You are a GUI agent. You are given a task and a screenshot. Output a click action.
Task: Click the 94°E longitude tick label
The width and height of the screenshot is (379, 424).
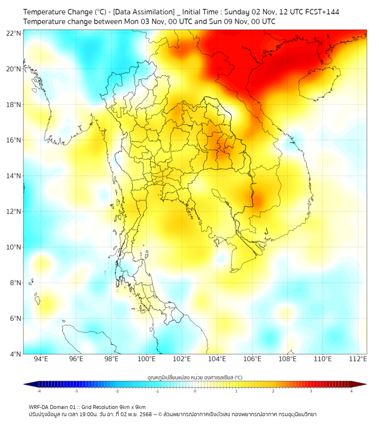(x=41, y=359)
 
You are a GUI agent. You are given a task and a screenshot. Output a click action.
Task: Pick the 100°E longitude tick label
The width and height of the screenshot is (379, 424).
(x=146, y=359)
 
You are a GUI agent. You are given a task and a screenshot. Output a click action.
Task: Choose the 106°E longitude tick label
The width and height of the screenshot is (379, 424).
(x=252, y=359)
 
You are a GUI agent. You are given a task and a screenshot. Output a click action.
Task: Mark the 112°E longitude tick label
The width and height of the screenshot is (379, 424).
(x=358, y=359)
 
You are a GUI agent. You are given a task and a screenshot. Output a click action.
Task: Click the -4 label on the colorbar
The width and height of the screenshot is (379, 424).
(x=39, y=391)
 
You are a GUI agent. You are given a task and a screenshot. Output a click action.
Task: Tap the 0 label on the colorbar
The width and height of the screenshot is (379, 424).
(x=195, y=391)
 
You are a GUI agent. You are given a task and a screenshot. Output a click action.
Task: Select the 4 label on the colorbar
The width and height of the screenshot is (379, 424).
(x=351, y=391)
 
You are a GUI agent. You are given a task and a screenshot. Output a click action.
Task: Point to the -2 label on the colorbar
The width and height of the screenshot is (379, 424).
(x=117, y=391)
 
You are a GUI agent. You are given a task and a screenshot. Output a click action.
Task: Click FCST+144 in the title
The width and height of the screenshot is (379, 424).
(x=320, y=11)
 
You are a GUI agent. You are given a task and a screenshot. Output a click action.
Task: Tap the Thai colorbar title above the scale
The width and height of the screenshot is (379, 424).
(x=195, y=377)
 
